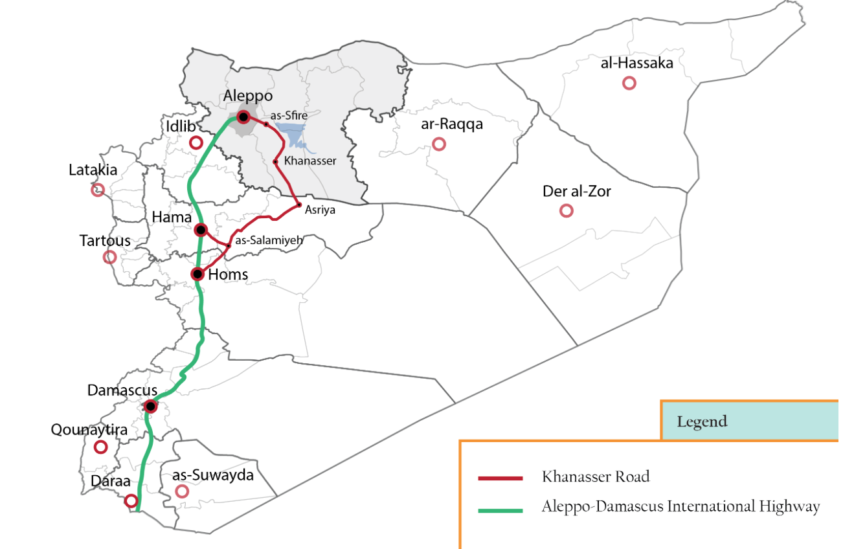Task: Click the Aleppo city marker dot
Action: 243,117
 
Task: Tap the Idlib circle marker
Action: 196,142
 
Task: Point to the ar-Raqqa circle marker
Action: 439,144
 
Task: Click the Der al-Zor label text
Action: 576,192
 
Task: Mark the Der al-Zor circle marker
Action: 566,210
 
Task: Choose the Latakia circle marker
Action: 98,190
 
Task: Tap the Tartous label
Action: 105,241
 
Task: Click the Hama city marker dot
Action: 201,230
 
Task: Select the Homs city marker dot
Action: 198,274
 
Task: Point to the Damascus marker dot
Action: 150,407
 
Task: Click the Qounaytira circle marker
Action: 100,447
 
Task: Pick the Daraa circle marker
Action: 131,500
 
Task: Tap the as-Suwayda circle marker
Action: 182,491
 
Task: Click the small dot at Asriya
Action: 298,205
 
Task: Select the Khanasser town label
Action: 310,161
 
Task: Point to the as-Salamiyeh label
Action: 269,240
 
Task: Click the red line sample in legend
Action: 500,478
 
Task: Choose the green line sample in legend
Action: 500,511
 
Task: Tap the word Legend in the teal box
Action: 702,422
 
